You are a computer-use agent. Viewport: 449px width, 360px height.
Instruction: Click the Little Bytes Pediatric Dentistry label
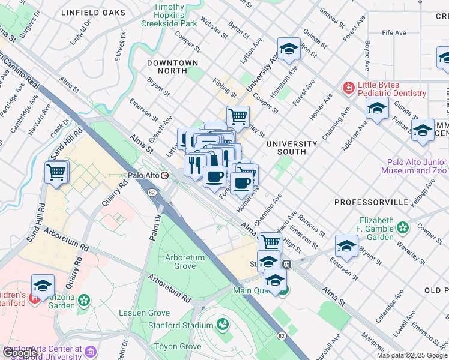[x=392, y=89]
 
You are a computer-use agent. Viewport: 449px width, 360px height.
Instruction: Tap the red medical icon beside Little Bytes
[x=348, y=89]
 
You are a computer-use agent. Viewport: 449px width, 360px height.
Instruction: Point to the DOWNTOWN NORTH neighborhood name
[x=173, y=67]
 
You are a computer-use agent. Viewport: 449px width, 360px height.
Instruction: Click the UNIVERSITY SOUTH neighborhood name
[x=292, y=148]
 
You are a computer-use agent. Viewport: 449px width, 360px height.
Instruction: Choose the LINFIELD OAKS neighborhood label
[x=93, y=13]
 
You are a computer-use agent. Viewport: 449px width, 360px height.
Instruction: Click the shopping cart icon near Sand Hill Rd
[x=57, y=172]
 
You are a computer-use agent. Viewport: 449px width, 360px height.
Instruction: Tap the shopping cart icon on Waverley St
[x=238, y=116]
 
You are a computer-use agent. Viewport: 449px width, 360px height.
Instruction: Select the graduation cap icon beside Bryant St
[x=346, y=247]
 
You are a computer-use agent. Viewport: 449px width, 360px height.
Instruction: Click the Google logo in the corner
[x=20, y=353]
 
